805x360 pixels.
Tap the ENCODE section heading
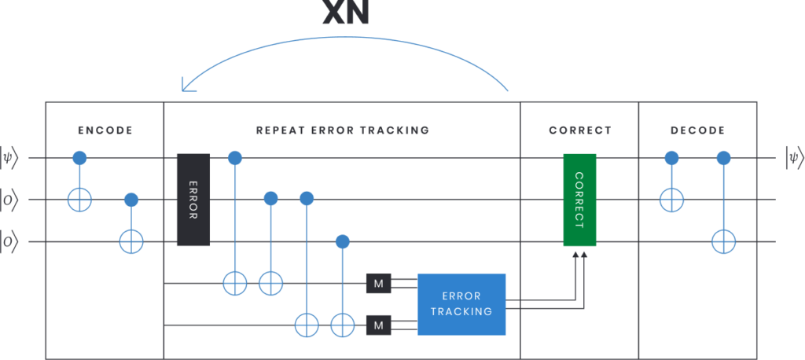click(x=105, y=130)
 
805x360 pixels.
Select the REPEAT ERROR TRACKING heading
click(x=342, y=130)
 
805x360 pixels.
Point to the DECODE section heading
click(x=697, y=130)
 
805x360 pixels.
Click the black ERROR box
click(x=193, y=200)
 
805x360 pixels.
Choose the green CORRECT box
click(x=579, y=200)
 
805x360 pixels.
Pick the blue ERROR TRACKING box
click(x=461, y=304)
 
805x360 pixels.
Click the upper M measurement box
click(x=378, y=283)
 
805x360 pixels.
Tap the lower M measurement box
click(x=378, y=324)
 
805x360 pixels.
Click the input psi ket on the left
click(x=15, y=159)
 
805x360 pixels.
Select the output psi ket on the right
click(x=792, y=159)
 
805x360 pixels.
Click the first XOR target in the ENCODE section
click(x=79, y=200)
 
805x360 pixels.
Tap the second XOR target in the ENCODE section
click(x=131, y=241)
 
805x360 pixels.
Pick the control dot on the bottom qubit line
click(x=341, y=241)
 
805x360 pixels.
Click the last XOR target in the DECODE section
click(x=723, y=241)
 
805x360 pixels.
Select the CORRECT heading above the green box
click(x=579, y=130)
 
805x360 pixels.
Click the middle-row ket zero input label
click(x=15, y=200)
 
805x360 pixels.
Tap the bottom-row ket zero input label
click(x=15, y=241)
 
